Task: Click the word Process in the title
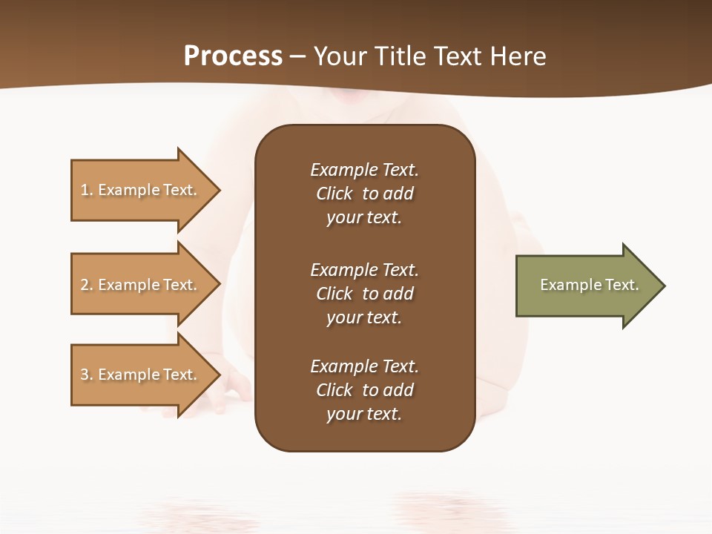(x=233, y=56)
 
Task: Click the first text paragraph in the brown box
(x=364, y=194)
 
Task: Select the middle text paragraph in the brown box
(x=364, y=294)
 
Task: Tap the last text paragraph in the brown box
(x=364, y=390)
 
